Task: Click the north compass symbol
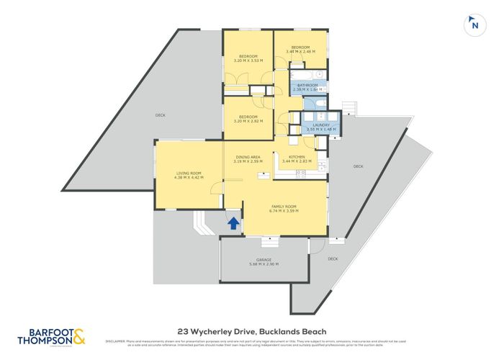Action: point(473,24)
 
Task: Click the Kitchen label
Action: point(298,157)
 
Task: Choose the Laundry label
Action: point(321,125)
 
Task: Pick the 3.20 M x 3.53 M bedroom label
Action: point(247,57)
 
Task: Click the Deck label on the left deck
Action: point(160,115)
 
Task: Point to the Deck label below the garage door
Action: point(333,258)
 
